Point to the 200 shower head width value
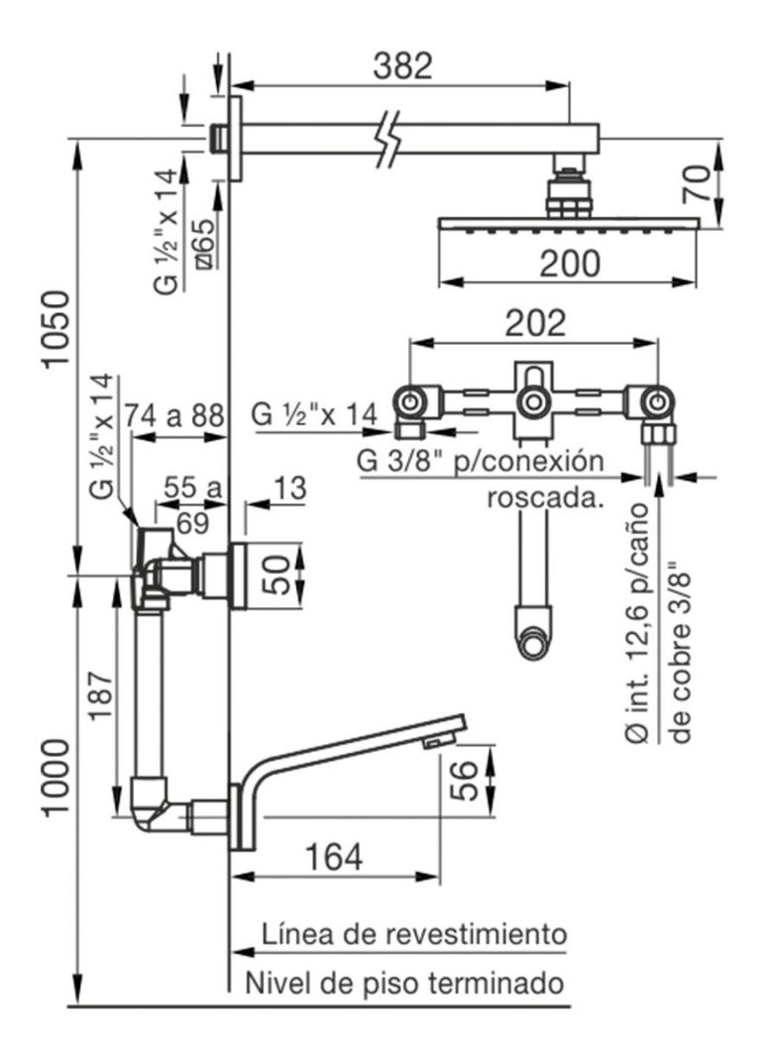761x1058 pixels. coord(570,264)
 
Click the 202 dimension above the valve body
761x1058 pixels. coord(535,324)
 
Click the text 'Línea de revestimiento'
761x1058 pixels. coord(413,933)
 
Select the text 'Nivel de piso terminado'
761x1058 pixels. coord(405,984)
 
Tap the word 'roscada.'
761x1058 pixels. coord(546,498)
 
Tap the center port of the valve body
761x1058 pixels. coord(533,402)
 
